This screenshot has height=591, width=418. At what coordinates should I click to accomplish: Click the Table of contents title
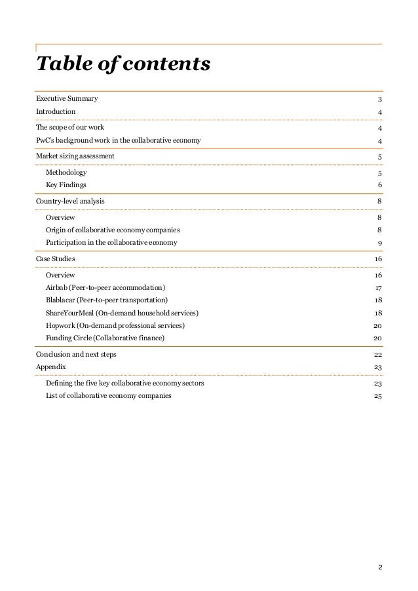(123, 64)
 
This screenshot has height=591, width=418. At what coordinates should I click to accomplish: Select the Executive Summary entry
(67, 99)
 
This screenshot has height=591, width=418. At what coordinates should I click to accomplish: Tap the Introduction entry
(56, 112)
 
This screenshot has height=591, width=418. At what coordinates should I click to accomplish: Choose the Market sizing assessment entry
(75, 156)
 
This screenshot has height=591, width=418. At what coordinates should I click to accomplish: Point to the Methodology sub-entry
(66, 173)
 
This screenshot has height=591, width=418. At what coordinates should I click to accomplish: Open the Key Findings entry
(66, 185)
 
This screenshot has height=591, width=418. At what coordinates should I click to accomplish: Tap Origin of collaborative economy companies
(113, 230)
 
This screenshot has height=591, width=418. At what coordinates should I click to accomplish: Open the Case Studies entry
(55, 259)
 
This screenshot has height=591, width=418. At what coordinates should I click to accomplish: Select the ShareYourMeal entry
(123, 313)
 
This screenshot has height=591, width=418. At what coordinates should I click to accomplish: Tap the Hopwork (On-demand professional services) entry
(115, 325)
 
